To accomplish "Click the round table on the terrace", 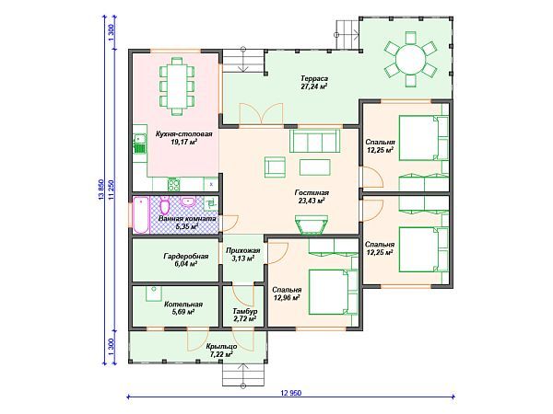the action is tap(410, 59).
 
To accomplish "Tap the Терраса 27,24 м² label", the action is tap(314, 83).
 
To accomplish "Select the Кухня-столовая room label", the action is tap(183, 133).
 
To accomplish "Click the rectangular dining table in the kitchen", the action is tap(177, 86).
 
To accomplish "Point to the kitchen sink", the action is tap(140, 144).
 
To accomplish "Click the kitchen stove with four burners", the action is tap(173, 185).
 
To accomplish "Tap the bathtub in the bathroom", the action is tap(141, 214).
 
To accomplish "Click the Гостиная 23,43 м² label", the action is tap(312, 197).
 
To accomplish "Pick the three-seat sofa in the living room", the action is tap(315, 141).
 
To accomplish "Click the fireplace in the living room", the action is tap(312, 224).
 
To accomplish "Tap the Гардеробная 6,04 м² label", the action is tap(186, 259).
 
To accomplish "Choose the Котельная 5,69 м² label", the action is tap(183, 308).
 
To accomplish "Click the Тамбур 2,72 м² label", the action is tap(244, 315).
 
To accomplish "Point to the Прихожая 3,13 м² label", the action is tap(243, 255).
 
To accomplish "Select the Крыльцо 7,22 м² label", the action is tap(221, 351).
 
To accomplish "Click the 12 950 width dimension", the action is tap(291, 393).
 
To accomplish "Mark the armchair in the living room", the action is tap(275, 167).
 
